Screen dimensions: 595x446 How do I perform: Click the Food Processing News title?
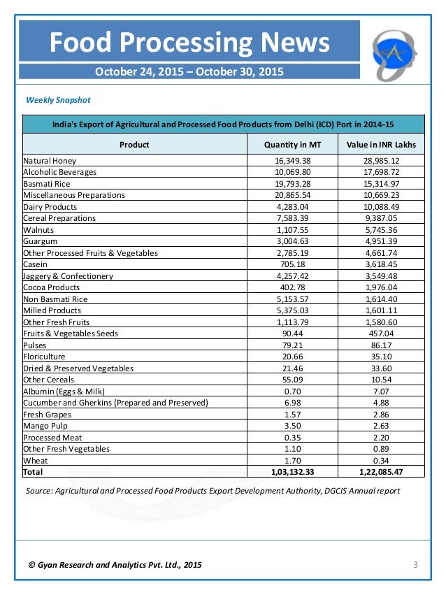[189, 43]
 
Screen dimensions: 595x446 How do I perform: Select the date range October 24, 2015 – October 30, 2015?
[189, 71]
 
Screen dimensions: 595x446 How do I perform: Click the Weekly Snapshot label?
[58, 100]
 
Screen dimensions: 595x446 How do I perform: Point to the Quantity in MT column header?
[292, 145]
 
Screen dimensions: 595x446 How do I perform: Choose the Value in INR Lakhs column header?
[381, 145]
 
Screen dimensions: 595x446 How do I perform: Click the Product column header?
[134, 145]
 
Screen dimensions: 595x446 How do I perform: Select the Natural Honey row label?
[51, 161]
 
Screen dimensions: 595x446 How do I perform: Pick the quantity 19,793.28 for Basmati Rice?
[292, 184]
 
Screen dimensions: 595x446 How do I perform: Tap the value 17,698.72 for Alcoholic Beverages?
[381, 172]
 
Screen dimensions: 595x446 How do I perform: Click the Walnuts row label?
[39, 229]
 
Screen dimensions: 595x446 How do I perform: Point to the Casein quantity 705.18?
[292, 264]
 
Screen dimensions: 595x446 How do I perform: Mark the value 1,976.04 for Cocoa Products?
[381, 287]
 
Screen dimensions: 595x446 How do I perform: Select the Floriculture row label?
[45, 357]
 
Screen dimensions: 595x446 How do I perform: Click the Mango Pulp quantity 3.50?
[292, 426]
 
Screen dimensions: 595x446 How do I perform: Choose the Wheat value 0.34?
[381, 461]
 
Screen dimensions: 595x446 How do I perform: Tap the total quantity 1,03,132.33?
[292, 473]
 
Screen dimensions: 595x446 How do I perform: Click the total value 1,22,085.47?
[381, 473]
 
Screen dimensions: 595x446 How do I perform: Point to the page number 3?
[415, 564]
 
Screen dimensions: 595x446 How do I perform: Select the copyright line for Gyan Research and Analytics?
[115, 564]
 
